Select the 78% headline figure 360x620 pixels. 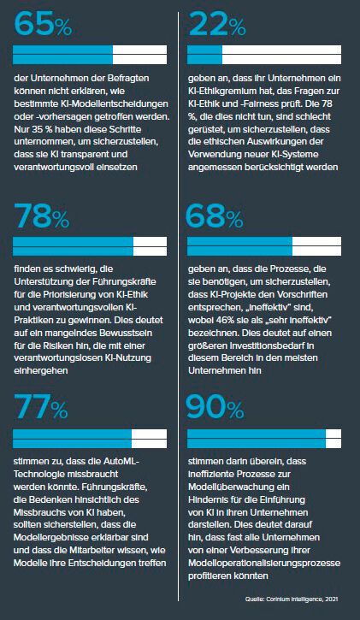pyautogui.click(x=46, y=218)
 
